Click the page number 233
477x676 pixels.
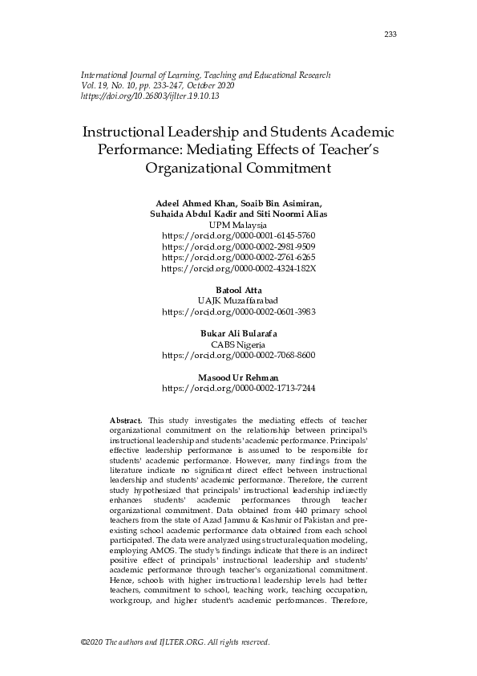coord(390,34)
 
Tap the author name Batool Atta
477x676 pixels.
coord(238,289)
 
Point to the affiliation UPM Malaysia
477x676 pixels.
coord(238,226)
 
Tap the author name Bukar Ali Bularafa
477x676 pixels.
coord(238,332)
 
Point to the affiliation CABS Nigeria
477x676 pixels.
coord(238,343)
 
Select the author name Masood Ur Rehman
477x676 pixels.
coord(238,377)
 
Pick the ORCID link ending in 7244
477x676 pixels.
coord(238,388)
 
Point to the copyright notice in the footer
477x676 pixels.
coord(176,642)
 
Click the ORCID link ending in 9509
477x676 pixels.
coord(238,246)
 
